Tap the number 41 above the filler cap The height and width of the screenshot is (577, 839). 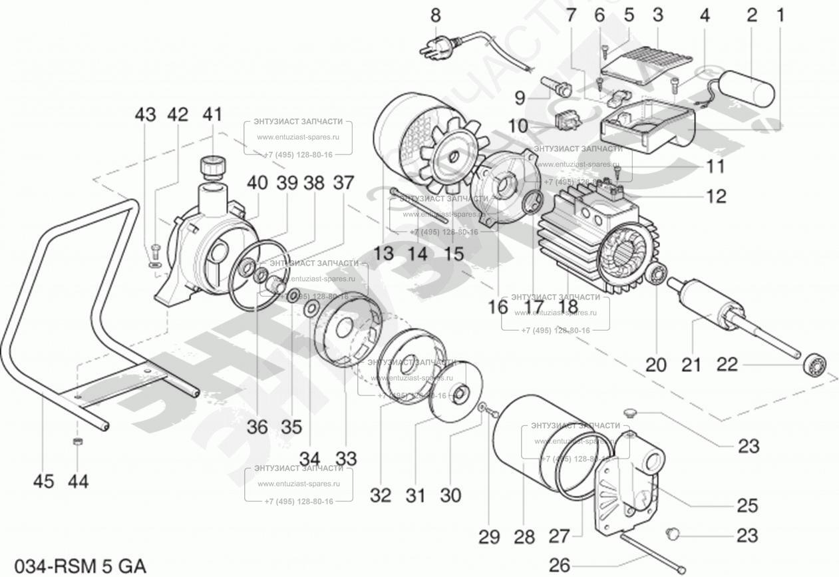tap(212, 114)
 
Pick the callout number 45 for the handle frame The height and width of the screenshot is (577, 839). tap(43, 481)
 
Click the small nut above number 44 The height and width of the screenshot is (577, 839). tap(77, 442)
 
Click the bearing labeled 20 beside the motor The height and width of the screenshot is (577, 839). tap(657, 274)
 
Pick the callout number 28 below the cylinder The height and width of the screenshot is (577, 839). tap(524, 536)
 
